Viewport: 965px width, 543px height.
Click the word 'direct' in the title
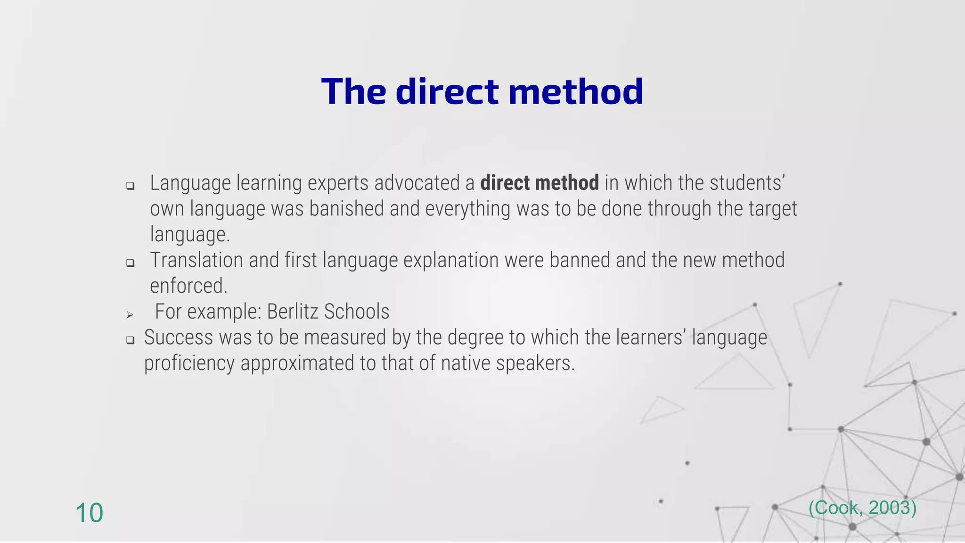click(447, 91)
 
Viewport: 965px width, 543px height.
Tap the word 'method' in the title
click(576, 91)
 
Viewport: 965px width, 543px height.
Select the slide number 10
click(89, 513)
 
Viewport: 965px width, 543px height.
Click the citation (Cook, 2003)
click(862, 508)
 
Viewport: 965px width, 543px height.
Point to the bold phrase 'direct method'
click(540, 183)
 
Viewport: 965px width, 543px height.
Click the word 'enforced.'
click(188, 286)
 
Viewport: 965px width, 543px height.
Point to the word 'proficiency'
click(189, 363)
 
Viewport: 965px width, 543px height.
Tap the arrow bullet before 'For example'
click(130, 314)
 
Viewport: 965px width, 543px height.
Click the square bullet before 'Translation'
click(131, 263)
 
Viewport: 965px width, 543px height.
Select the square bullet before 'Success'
click(131, 340)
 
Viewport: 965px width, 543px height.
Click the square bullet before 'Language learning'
click(131, 186)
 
